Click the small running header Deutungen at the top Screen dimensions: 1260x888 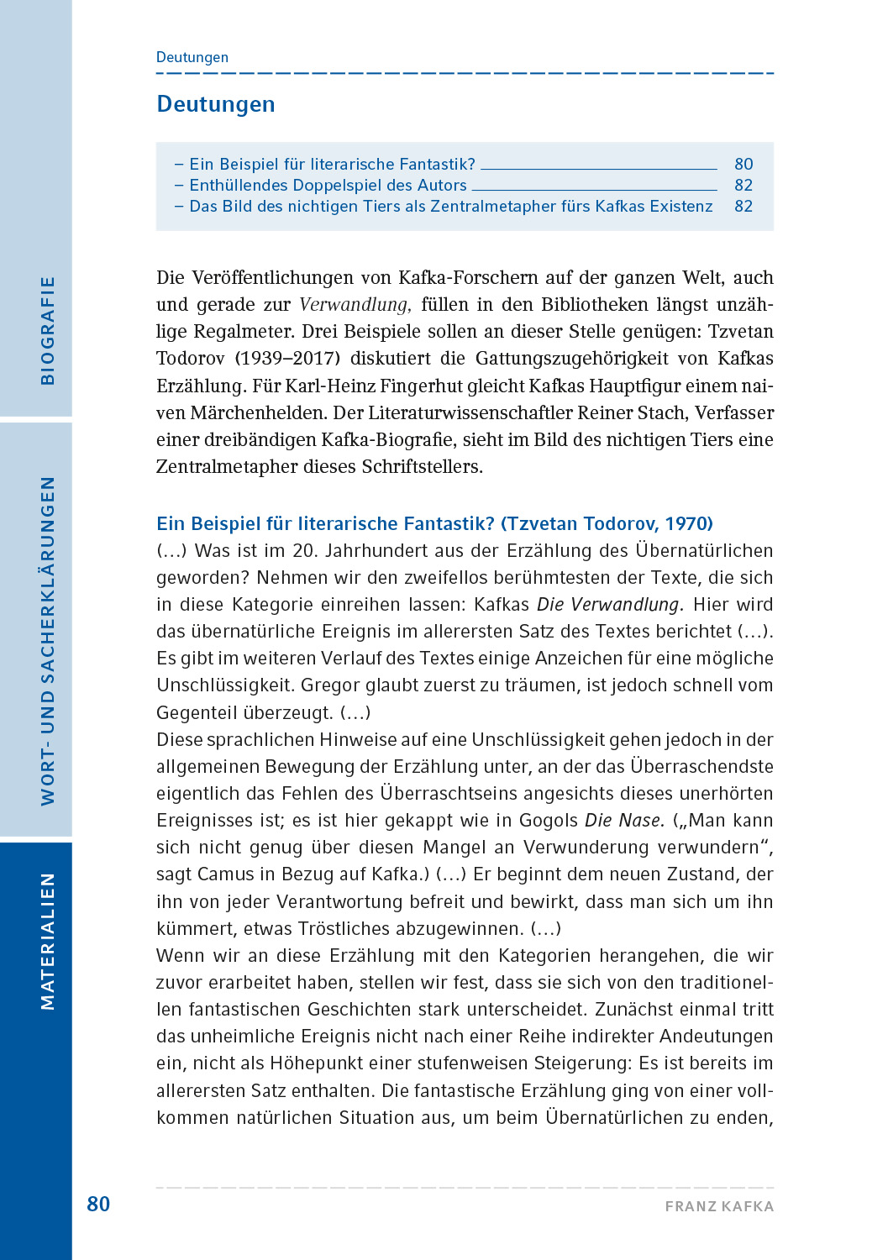tap(192, 57)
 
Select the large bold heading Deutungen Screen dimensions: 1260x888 tap(216, 104)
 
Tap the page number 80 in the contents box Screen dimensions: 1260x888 tap(744, 164)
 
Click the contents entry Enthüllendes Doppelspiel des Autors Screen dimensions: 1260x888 tap(328, 185)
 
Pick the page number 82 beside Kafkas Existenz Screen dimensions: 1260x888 tap(744, 206)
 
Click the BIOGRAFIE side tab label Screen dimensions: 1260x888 tap(48, 330)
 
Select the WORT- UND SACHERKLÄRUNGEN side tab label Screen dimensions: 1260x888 tap(48, 640)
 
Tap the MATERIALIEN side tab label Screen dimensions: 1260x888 tap(48, 941)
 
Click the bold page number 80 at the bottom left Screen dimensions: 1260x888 tap(98, 1204)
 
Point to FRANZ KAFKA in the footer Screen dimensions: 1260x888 tap(719, 1206)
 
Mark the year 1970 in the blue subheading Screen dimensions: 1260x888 tap(685, 523)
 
